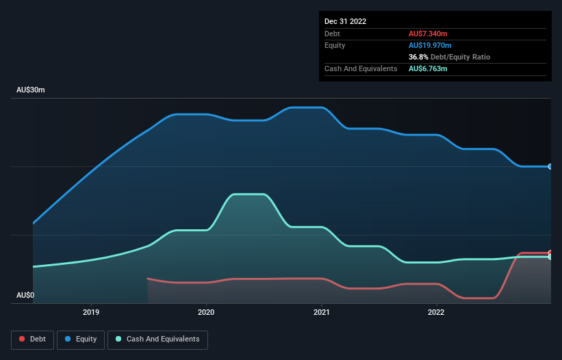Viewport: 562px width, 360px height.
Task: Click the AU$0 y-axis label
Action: click(x=25, y=296)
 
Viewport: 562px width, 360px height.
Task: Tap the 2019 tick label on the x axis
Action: click(x=91, y=313)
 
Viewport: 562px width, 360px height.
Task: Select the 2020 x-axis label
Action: click(x=206, y=313)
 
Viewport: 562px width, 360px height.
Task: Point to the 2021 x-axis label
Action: click(x=321, y=313)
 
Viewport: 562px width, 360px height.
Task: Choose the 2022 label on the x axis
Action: click(x=436, y=313)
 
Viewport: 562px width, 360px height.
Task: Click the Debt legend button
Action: click(x=33, y=339)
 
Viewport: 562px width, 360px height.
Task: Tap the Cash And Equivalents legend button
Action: click(x=157, y=339)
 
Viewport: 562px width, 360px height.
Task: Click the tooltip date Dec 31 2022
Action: click(x=345, y=21)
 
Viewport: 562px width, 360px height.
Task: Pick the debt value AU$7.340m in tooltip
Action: click(x=429, y=34)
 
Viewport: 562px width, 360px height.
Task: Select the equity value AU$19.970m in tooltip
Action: click(x=431, y=45)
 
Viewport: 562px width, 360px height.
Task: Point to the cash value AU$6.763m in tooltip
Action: click(x=429, y=68)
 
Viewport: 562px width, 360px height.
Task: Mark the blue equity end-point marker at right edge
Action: click(x=550, y=166)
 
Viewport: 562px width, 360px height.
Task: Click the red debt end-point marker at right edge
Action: click(x=550, y=253)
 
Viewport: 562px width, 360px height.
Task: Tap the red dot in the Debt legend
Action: click(x=23, y=339)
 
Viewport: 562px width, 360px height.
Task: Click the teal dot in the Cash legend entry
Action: click(x=119, y=339)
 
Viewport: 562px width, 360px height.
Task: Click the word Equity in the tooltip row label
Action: click(x=335, y=45)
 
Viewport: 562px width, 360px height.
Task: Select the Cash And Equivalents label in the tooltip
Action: click(x=361, y=68)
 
